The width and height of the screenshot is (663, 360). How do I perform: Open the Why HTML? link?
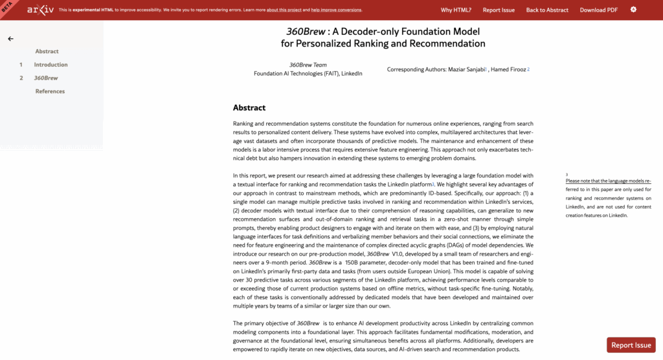tap(456, 10)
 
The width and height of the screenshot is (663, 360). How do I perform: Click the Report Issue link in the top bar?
tap(499, 10)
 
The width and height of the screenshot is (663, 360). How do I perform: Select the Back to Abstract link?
tap(547, 10)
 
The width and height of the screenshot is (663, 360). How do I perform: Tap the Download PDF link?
tap(598, 10)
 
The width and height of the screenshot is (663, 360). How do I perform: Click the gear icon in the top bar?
tap(633, 10)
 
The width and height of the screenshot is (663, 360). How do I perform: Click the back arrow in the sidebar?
tap(10, 39)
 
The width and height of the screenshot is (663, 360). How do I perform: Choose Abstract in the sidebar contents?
tap(47, 51)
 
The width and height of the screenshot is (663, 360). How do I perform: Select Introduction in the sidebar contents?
tap(51, 65)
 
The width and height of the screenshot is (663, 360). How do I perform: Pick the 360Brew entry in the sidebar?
tap(45, 78)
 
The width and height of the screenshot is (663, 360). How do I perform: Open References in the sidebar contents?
tap(50, 91)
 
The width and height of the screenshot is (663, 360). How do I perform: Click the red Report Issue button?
tap(631, 345)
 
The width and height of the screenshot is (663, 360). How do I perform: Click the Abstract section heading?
tap(249, 107)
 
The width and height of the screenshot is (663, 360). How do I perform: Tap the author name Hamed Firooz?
tap(509, 69)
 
